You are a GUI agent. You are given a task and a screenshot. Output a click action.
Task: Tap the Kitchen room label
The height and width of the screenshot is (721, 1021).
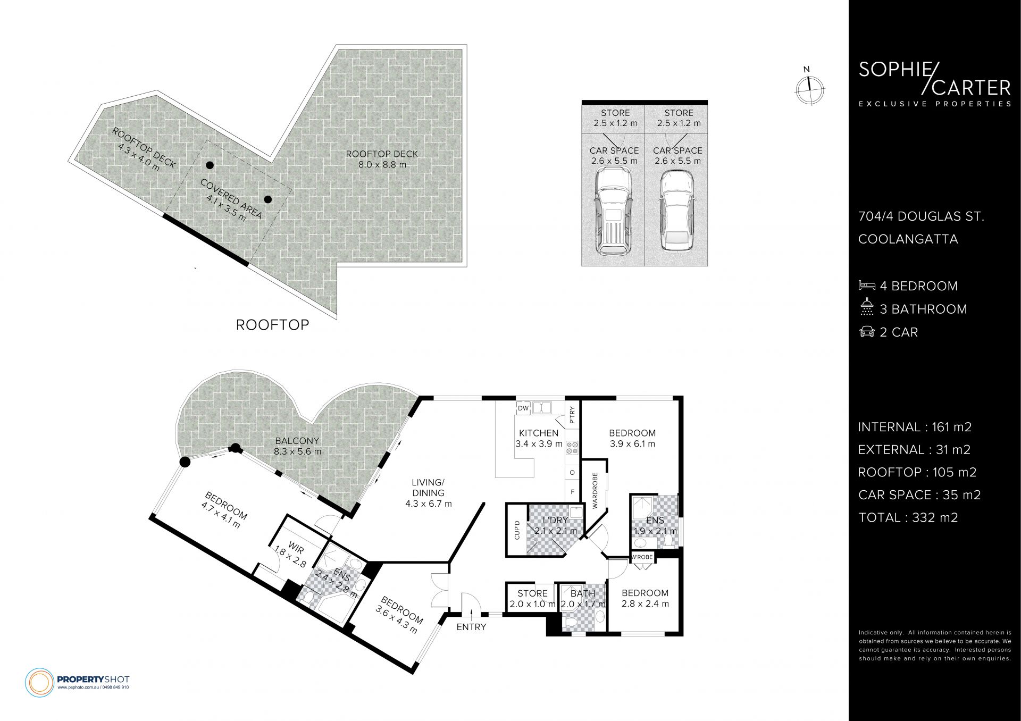click(539, 438)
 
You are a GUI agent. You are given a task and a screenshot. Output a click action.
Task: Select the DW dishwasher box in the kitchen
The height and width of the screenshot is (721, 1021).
click(523, 408)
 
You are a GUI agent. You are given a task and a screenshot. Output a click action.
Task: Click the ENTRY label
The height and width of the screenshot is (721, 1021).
click(471, 627)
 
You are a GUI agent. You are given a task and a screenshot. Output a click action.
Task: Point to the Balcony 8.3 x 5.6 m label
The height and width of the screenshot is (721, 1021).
click(298, 446)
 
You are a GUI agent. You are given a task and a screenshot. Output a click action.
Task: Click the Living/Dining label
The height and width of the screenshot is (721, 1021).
click(428, 493)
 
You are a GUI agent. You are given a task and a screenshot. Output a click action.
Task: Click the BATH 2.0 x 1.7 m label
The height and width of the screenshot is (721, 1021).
click(583, 599)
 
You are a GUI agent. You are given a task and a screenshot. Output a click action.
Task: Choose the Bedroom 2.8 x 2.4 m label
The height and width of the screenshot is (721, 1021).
click(645, 598)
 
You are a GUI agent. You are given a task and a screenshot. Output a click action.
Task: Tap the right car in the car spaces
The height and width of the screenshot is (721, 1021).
click(676, 211)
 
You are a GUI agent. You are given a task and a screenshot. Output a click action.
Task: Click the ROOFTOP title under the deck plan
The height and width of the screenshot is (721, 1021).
click(272, 325)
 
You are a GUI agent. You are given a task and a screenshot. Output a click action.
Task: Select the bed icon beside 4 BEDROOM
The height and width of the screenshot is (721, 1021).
click(867, 286)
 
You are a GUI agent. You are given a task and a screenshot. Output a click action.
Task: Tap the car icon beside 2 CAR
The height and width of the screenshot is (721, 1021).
click(867, 332)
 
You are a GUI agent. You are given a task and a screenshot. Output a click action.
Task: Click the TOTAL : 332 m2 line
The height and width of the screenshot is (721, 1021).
click(908, 517)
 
